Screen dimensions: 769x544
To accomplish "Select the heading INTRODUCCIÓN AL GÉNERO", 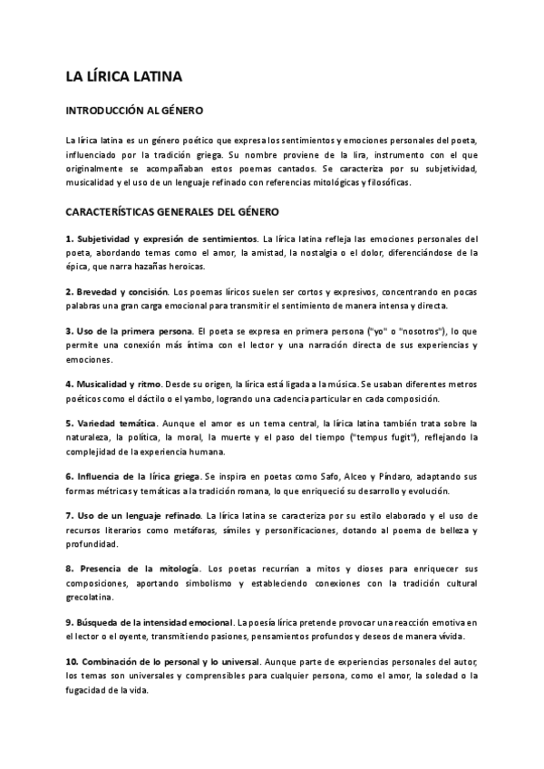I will click(x=134, y=111).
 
